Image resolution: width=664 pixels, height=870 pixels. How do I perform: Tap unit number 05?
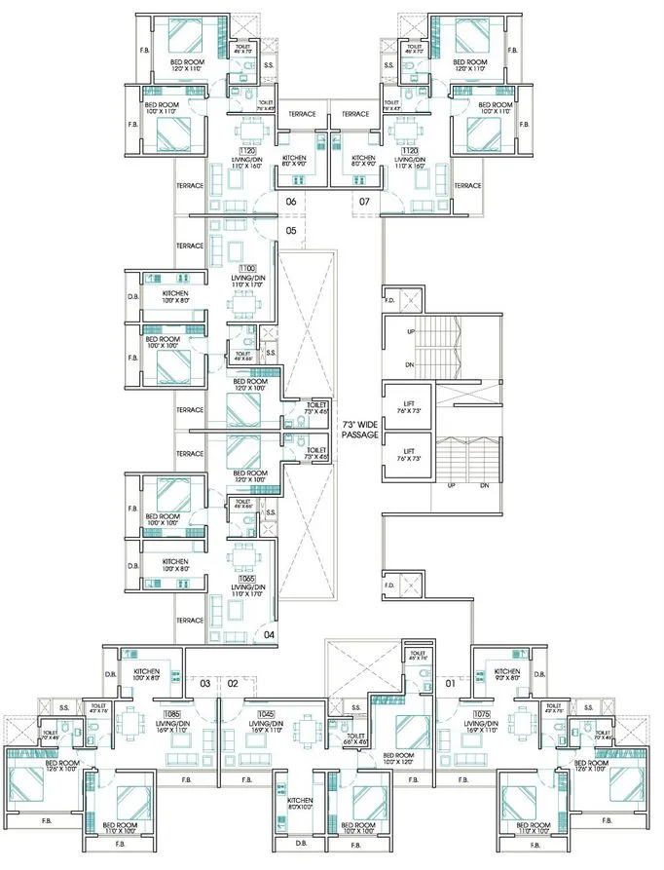click(x=290, y=231)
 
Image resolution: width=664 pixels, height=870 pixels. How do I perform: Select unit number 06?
click(x=290, y=202)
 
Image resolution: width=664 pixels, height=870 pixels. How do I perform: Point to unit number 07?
click(x=365, y=202)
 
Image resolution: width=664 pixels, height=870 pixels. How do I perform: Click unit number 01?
click(x=449, y=683)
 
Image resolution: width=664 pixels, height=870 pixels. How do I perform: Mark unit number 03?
click(x=205, y=684)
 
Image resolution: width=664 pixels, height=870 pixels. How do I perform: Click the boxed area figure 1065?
click(x=247, y=578)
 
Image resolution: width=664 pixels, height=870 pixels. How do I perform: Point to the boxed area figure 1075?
click(x=480, y=714)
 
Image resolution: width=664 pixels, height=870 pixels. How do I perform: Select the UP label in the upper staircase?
click(x=411, y=332)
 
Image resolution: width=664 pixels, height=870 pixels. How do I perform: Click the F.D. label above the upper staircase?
click(x=390, y=300)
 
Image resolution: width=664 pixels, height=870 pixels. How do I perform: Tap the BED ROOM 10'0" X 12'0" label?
click(x=399, y=759)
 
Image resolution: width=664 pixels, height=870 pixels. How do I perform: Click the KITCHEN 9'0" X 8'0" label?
click(x=506, y=675)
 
